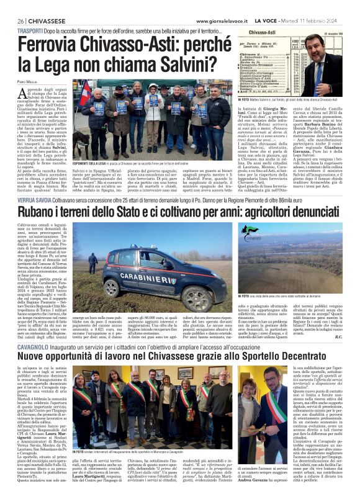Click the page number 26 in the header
(x=21, y=21)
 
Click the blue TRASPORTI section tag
(x=30, y=30)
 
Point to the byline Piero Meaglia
(x=28, y=82)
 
